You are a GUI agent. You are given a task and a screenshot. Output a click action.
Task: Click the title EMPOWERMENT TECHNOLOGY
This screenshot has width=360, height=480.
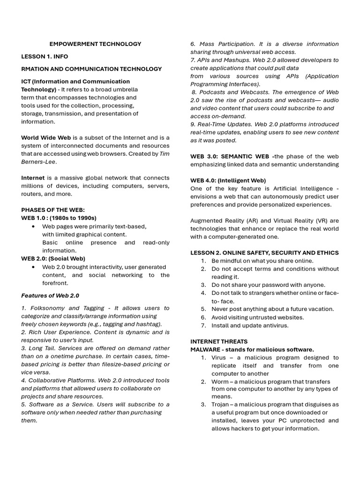95,44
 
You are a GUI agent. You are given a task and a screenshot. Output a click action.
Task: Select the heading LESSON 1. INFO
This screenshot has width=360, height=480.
45,56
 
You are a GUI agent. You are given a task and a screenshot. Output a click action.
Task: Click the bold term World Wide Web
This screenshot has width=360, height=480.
46,138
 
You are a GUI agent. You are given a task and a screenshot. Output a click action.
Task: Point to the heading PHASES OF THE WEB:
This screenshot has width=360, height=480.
53,210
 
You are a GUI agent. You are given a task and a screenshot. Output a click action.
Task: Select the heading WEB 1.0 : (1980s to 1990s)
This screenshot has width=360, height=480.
59,218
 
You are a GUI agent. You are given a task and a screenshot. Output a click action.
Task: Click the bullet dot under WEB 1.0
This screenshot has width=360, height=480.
33,226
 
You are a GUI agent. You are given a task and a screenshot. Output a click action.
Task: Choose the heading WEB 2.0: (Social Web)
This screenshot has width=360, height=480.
53,258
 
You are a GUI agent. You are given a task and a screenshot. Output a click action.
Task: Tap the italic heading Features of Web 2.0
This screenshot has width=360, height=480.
50,296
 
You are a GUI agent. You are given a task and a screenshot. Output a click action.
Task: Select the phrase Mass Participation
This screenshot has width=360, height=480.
223,44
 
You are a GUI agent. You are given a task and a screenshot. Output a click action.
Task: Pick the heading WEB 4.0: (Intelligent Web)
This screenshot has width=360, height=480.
228,180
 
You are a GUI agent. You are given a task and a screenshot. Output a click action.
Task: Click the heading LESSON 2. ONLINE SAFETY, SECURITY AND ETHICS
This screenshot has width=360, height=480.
264,253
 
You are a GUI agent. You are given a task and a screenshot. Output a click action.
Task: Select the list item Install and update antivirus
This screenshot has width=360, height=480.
250,325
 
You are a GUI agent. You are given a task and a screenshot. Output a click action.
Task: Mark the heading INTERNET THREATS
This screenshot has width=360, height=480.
219,341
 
